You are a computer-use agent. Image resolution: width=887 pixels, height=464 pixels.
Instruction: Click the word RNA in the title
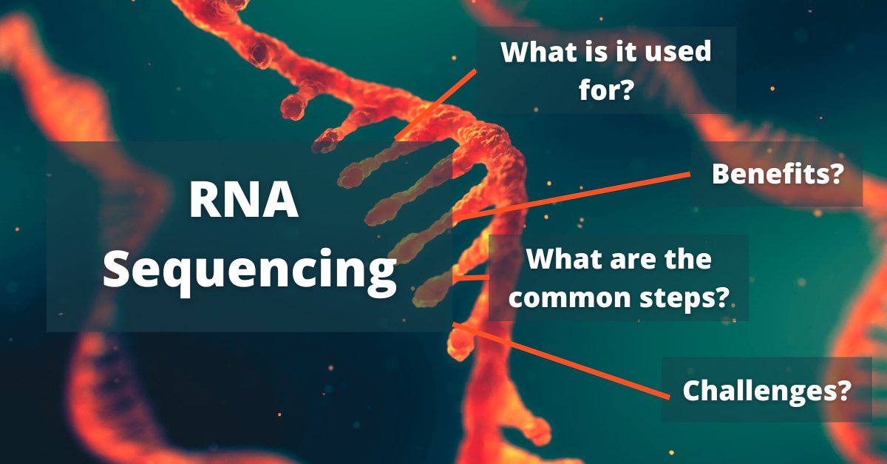tap(244, 202)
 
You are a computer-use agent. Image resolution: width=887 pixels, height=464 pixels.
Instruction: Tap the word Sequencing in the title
tap(250, 271)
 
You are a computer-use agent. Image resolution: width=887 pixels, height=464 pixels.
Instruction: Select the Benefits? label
tap(777, 175)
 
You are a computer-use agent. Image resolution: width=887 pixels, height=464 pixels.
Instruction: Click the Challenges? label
tap(765, 390)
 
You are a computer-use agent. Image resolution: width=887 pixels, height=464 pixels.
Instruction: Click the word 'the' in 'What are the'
tap(688, 259)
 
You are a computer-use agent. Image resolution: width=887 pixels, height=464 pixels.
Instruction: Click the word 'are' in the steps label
tap(631, 259)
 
